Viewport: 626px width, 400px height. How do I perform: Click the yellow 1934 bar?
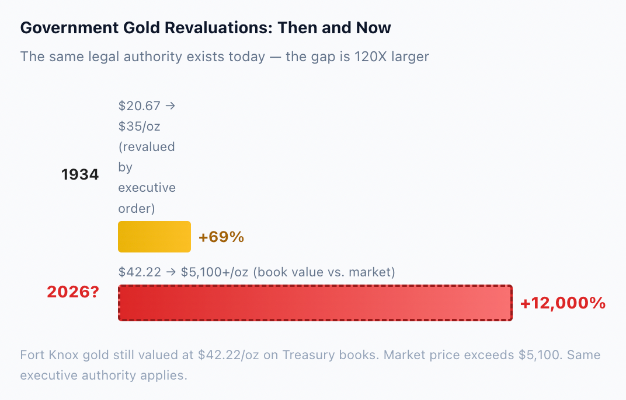[154, 237]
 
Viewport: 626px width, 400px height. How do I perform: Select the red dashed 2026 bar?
[315, 303]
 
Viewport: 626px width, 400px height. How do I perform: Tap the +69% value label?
[221, 237]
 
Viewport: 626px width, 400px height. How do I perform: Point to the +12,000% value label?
[563, 303]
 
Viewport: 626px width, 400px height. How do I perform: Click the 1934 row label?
[80, 174]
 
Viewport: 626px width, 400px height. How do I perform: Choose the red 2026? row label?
[72, 292]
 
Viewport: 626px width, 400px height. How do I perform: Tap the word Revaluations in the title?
[218, 28]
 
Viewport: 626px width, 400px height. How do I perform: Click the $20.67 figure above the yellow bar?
[140, 106]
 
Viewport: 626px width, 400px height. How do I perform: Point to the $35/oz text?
[140, 127]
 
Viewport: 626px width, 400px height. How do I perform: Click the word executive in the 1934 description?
[147, 187]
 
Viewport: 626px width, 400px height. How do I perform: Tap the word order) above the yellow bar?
[137, 208]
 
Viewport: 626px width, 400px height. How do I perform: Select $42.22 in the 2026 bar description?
[140, 272]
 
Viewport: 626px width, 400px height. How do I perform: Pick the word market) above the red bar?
[372, 272]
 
